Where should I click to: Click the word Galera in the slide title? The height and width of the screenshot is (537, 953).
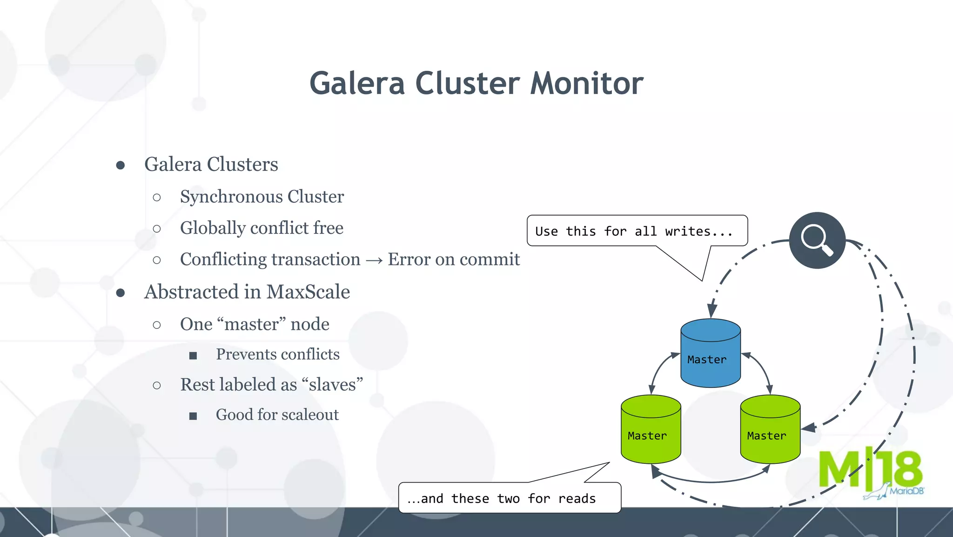tap(357, 84)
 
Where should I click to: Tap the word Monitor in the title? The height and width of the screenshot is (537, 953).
tap(587, 84)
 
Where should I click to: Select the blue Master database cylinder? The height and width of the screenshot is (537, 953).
tap(710, 353)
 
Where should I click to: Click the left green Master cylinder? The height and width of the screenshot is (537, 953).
tap(651, 429)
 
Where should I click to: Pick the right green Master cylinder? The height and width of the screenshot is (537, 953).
tap(770, 429)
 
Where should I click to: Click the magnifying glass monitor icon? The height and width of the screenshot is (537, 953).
tap(817, 240)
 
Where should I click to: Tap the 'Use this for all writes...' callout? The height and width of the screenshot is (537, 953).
tap(637, 231)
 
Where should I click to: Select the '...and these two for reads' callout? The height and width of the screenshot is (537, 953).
tap(509, 498)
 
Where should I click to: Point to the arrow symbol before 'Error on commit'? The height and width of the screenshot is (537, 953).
tap(374, 260)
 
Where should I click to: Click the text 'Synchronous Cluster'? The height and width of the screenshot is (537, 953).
tap(262, 197)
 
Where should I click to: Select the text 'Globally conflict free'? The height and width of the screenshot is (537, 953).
tap(262, 228)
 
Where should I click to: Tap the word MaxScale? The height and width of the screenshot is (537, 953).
tap(308, 292)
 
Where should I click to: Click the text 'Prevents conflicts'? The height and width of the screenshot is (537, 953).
tap(278, 354)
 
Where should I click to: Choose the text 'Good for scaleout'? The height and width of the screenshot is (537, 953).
tap(277, 415)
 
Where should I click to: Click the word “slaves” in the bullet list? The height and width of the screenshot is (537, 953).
tap(332, 385)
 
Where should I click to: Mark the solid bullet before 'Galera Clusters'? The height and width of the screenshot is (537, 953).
tap(121, 165)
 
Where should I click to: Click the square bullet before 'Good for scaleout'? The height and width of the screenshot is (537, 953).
tap(193, 416)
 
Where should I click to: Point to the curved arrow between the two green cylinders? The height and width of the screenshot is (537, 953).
tap(711, 480)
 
